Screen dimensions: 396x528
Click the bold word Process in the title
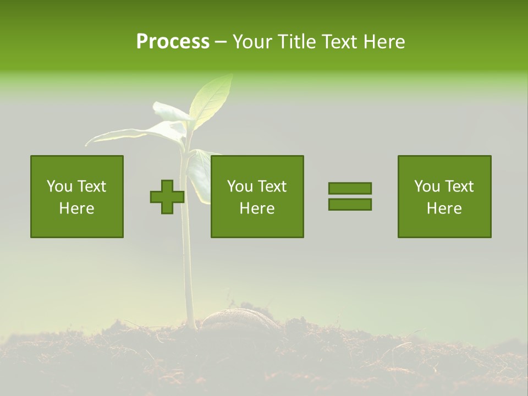(173, 42)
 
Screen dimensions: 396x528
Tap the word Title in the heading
(296, 42)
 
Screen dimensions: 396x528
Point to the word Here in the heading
(384, 42)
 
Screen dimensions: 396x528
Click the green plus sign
(167, 197)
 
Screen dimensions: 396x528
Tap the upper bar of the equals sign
(350, 188)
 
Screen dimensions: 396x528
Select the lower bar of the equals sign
(350, 205)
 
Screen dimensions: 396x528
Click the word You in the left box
(59, 186)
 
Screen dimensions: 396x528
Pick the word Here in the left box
(76, 208)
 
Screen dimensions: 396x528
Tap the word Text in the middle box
(272, 186)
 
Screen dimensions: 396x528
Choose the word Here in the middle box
(257, 208)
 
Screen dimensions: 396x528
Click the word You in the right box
(427, 186)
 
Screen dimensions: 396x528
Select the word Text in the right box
(459, 186)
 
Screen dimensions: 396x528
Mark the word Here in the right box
(444, 208)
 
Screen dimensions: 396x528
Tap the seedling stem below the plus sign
(188, 264)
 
